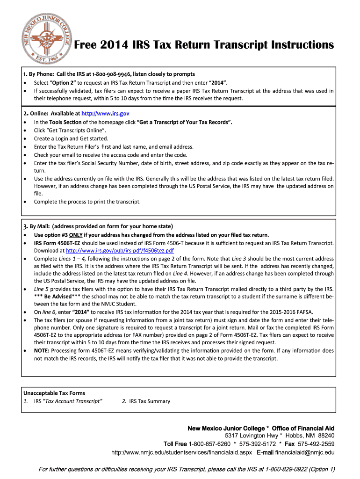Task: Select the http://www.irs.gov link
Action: tap(105, 114)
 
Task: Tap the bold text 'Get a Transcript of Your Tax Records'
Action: tap(184, 122)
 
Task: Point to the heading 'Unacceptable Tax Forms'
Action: tap(54, 393)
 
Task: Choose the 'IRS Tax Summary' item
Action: tap(150, 401)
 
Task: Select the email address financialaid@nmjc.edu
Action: tap(305, 453)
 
